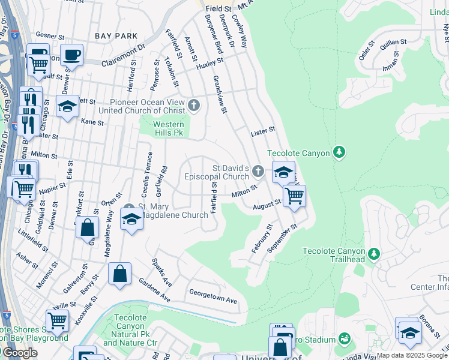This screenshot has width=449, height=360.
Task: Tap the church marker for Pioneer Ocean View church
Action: [x=193, y=106]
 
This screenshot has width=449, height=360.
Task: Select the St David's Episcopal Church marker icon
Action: [x=258, y=172]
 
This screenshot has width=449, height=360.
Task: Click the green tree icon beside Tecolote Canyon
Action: [x=340, y=153]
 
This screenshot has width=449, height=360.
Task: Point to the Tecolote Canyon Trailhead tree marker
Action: [x=374, y=254]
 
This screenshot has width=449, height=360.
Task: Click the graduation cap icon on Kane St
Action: [x=68, y=107]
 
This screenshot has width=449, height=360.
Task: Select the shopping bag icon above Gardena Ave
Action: [x=120, y=274]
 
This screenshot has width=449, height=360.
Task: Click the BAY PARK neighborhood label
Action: [x=116, y=36]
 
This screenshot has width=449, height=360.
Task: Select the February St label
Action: [x=262, y=239]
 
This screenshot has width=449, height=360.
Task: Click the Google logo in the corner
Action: [x=20, y=352]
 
